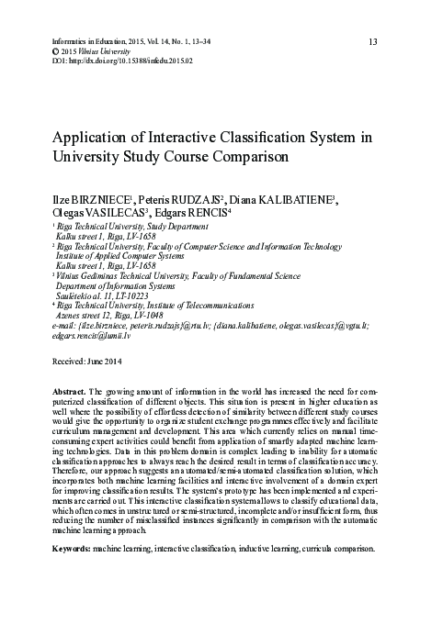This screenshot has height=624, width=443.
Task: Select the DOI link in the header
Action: pos(133,61)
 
